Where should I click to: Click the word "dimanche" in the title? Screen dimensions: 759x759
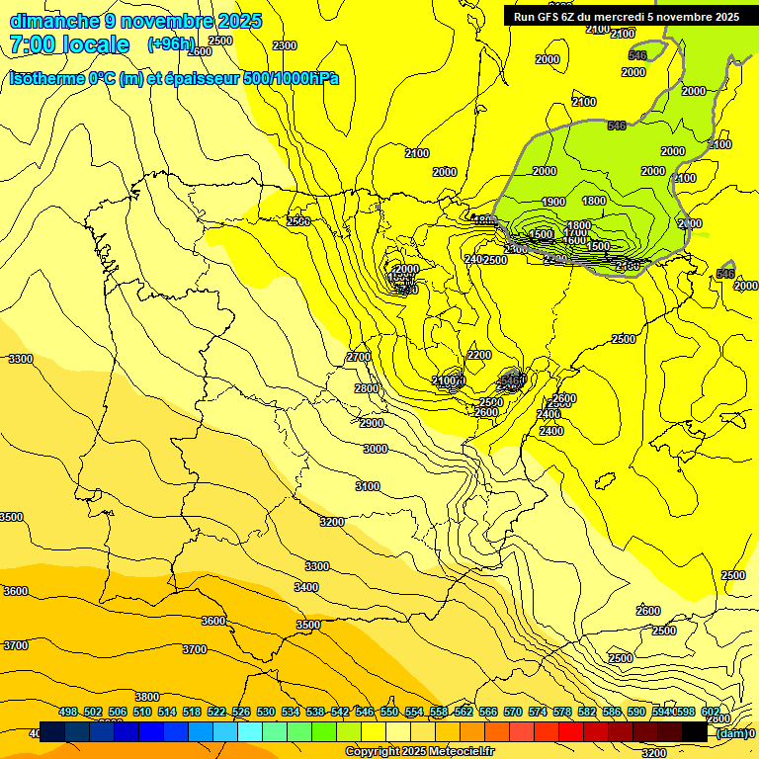[54, 21]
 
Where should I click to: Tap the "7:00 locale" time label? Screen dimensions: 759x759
[69, 44]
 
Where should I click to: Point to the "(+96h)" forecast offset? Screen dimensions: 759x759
[172, 44]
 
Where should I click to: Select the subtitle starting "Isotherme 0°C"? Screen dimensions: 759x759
[174, 78]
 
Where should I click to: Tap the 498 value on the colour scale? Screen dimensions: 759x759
[68, 713]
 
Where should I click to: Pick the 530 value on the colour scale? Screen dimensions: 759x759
[266, 713]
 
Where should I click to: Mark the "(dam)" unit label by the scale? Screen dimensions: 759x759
[729, 733]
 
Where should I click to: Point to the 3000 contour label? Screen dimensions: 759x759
[376, 449]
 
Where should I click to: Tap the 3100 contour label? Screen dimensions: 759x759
[368, 486]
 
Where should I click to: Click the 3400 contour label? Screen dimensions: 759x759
[306, 587]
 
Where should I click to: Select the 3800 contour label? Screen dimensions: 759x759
[147, 697]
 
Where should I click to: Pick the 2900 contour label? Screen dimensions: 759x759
[372, 423]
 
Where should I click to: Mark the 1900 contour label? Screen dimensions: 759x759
[553, 202]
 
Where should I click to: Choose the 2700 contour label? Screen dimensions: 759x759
[359, 357]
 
